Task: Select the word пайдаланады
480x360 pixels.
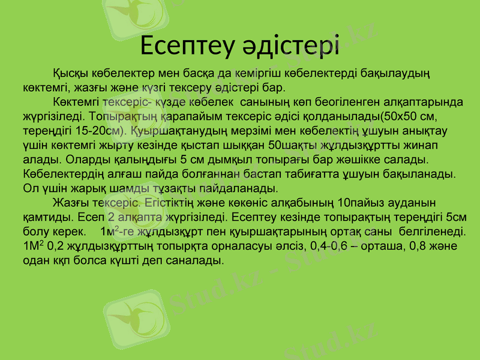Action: (x=242, y=188)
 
